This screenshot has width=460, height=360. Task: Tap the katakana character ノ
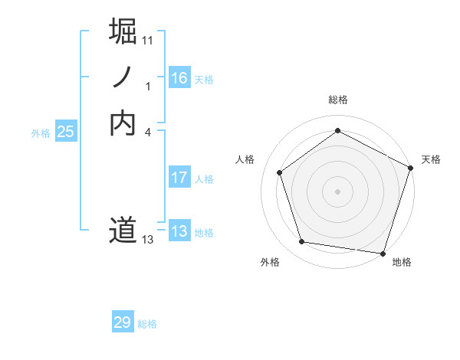(123, 77)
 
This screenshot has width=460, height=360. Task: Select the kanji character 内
(123, 123)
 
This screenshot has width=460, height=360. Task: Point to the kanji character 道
(123, 230)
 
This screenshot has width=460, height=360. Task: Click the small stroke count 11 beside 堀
(148, 40)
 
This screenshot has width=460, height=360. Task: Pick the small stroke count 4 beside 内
(148, 132)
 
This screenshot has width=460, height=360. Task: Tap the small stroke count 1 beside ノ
(148, 86)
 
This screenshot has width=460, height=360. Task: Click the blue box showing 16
(179, 78)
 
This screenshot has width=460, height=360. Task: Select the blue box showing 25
(65, 132)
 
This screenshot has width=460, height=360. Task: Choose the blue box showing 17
(179, 178)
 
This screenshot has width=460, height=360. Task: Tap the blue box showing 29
(122, 322)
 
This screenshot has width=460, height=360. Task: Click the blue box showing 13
(179, 231)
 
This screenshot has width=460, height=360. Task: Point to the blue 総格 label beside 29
(147, 324)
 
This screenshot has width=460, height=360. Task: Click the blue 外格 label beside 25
(41, 133)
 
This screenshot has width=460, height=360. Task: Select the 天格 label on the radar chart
(431, 159)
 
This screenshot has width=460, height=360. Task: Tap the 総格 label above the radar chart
(337, 100)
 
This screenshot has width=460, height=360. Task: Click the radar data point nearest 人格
(280, 172)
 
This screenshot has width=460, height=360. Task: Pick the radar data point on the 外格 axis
(302, 242)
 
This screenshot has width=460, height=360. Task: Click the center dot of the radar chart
(337, 191)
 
